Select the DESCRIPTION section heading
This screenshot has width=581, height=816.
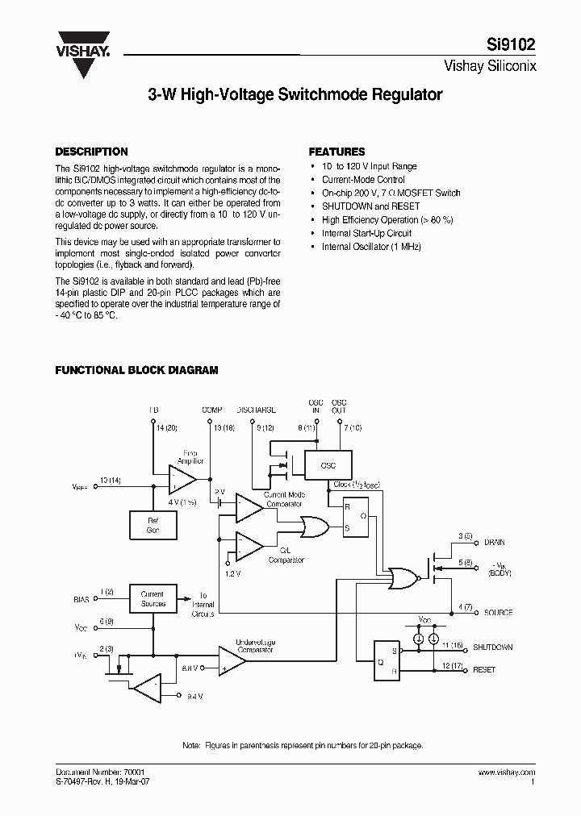coord(90,152)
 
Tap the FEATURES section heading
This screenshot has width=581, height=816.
coord(337,152)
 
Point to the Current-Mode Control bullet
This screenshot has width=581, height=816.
coord(363,180)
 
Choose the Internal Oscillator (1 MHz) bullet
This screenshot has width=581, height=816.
coord(371,247)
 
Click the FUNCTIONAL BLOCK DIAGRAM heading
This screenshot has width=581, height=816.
coord(136,370)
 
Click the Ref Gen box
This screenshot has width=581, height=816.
coord(153,525)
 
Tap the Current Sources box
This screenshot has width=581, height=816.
coord(153,599)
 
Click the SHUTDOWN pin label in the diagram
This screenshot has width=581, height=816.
coord(492,647)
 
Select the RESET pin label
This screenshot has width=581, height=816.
coord(484,670)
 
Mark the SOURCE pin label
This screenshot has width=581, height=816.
coord(498,613)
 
